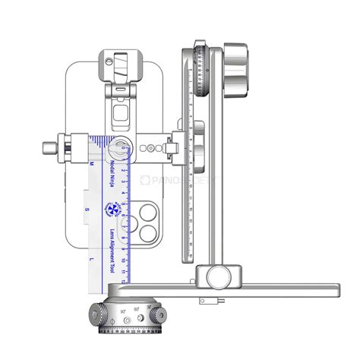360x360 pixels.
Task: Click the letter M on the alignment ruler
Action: click(92, 163)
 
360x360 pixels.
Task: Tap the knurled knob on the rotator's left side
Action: click(100, 314)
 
